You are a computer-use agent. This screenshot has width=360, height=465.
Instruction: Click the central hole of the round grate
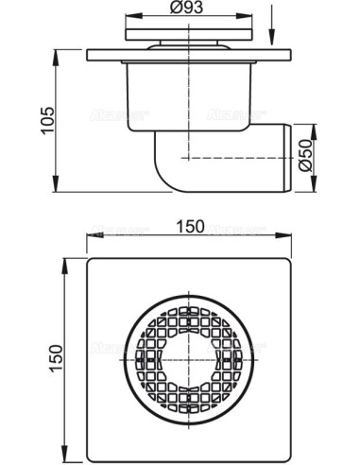point(191,357)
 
